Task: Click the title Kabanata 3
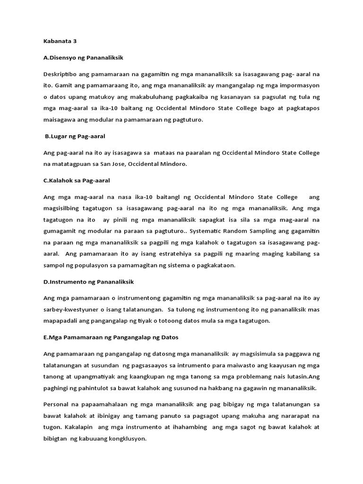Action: (60, 41)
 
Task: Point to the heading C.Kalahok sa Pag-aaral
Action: (77, 181)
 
